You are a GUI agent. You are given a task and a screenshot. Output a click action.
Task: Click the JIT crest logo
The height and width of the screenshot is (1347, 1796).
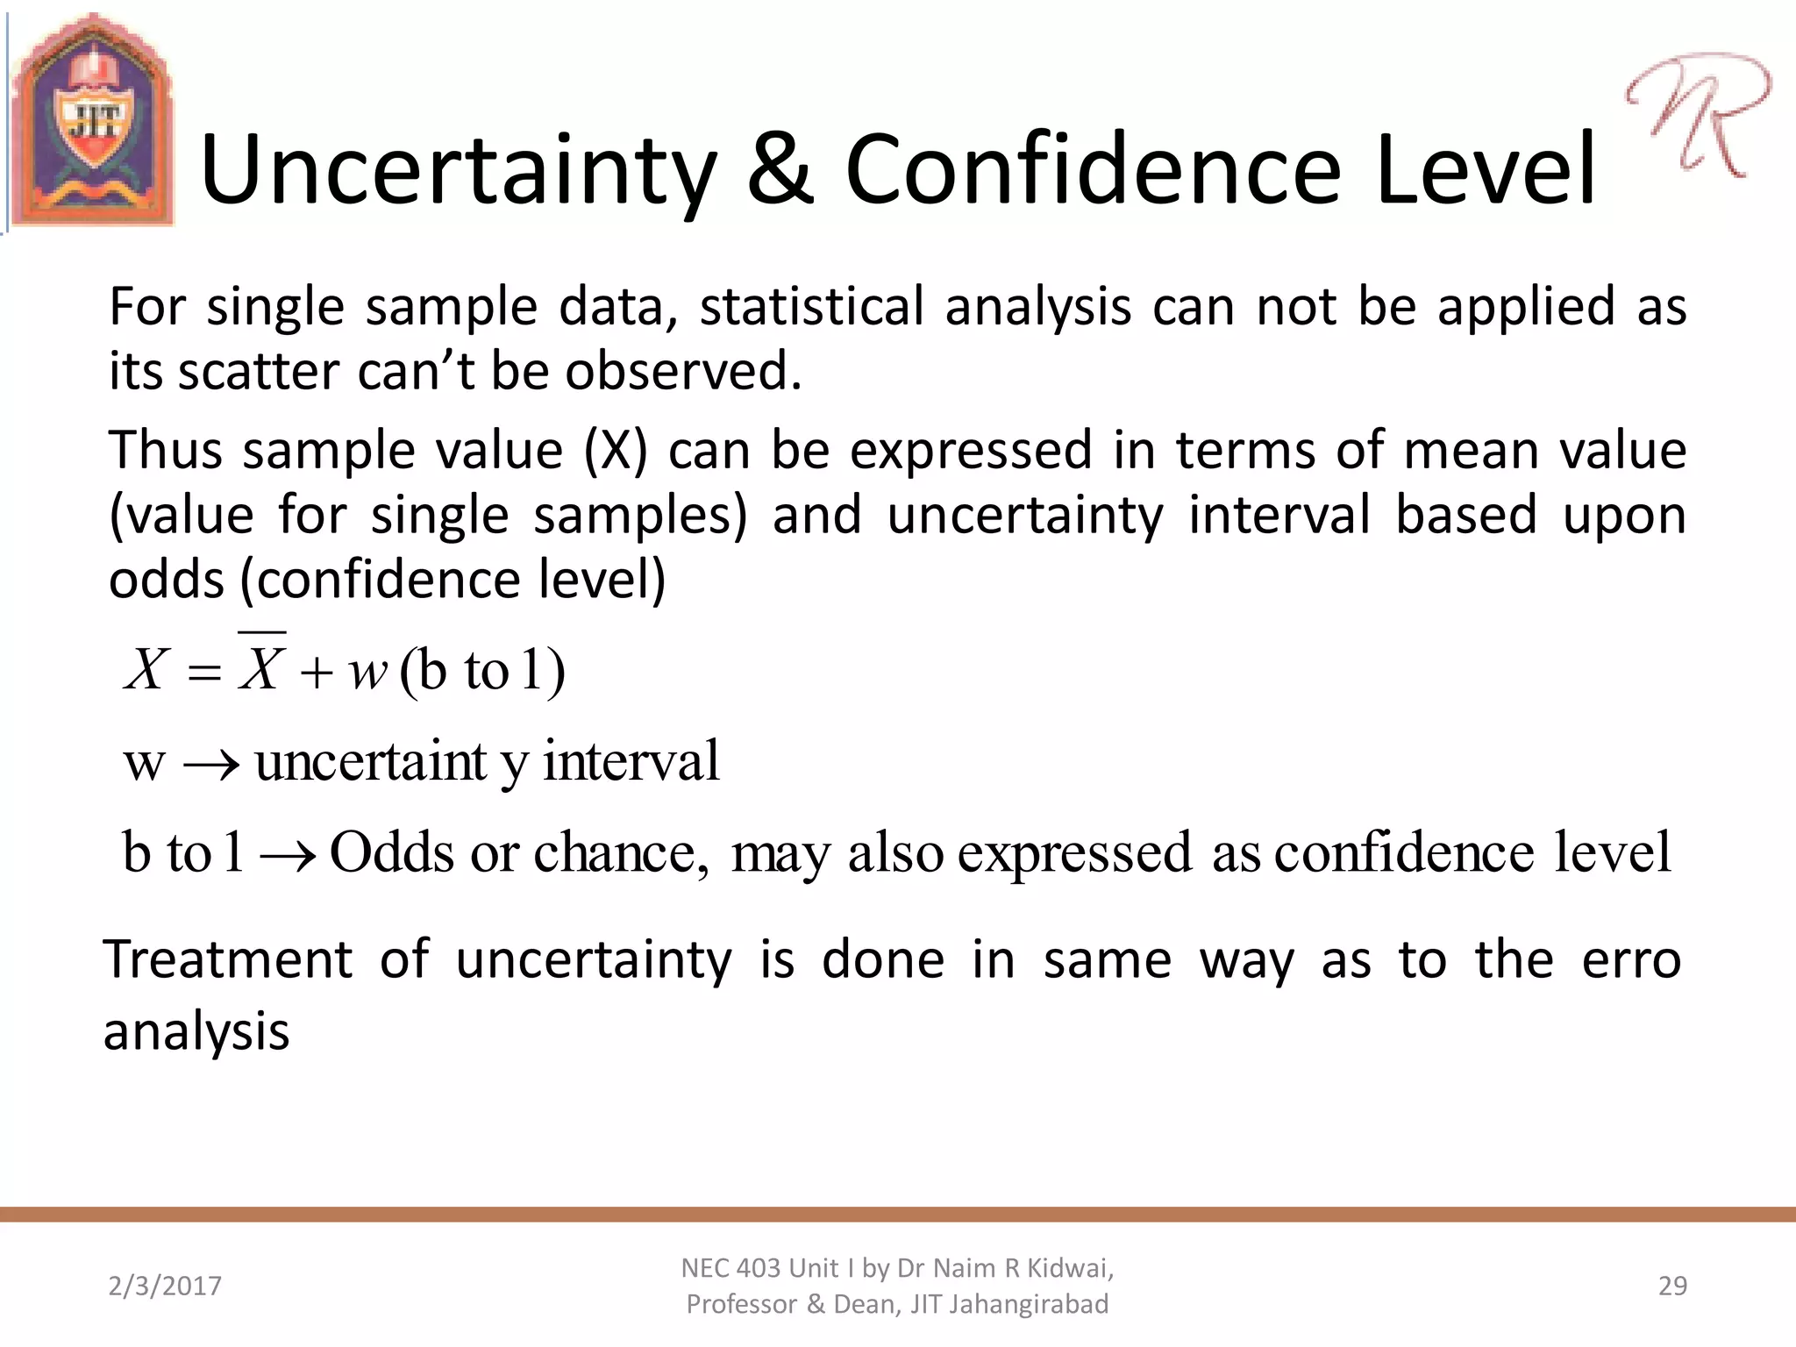[x=92, y=121]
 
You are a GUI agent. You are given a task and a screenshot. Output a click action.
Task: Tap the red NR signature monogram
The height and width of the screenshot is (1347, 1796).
[x=1697, y=114]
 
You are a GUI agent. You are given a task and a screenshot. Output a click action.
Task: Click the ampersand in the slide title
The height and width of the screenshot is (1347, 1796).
[x=780, y=168]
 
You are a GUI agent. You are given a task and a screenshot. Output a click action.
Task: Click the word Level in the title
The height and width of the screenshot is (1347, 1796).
[x=1486, y=168]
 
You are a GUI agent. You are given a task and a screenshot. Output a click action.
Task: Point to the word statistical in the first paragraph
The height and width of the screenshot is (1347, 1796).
[x=811, y=308]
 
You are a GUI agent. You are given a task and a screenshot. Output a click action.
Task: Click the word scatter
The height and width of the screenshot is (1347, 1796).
[x=258, y=372]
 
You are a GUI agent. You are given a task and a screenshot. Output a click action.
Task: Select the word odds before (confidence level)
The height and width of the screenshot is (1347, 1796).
[x=167, y=581]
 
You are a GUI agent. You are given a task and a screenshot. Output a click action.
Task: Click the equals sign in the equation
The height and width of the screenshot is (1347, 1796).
[x=203, y=673]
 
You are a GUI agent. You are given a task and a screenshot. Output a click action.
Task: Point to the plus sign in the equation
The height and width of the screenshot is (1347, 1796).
[x=316, y=673]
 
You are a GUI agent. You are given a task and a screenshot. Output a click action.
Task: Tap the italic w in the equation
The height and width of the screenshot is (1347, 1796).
[x=367, y=673]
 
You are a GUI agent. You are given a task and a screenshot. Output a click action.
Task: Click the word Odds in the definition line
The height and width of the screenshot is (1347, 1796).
[x=391, y=852]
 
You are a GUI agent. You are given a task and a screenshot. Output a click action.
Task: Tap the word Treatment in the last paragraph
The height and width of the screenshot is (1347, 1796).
[x=228, y=959]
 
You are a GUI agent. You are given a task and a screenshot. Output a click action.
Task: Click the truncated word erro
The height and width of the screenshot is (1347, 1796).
[x=1630, y=960]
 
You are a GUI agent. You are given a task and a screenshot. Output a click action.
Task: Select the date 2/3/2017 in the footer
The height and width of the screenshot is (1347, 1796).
[x=165, y=1286]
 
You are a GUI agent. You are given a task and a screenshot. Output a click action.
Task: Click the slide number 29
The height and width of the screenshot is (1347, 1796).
[x=1671, y=1286]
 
